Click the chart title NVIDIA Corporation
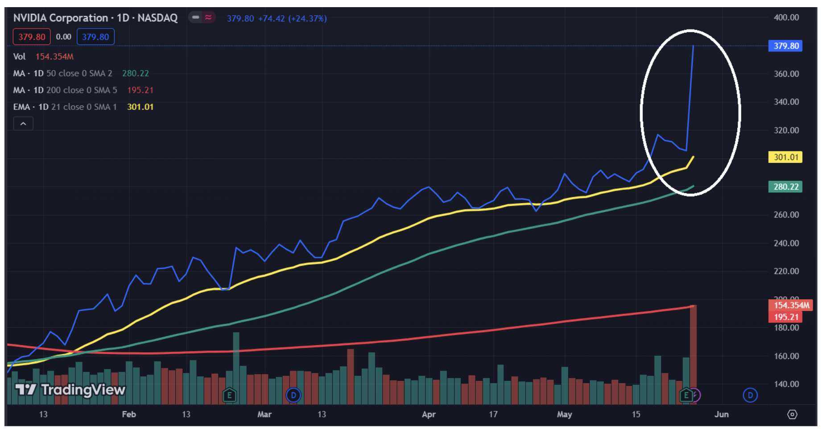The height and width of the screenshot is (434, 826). [61, 18]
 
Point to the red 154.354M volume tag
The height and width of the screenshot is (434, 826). [790, 305]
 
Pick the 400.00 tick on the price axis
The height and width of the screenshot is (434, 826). [786, 17]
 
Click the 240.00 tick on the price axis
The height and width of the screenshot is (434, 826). [786, 243]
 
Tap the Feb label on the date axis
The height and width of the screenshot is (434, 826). [129, 414]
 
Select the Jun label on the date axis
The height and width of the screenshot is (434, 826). [721, 414]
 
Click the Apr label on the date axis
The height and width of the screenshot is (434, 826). [429, 414]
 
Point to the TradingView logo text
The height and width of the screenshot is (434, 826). [83, 390]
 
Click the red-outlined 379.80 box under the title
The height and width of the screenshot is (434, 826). [32, 37]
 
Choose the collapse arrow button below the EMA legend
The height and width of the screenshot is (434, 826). [23, 124]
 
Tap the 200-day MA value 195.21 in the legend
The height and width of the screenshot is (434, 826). [140, 90]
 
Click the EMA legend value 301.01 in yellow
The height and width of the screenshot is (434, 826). [140, 107]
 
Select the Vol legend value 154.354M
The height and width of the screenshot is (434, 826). [54, 57]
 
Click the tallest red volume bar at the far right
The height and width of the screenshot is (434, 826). [693, 353]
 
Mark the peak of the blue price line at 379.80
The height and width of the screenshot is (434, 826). [693, 46]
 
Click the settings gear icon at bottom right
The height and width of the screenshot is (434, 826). [792, 414]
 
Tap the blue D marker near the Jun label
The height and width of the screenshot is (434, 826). [750, 395]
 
